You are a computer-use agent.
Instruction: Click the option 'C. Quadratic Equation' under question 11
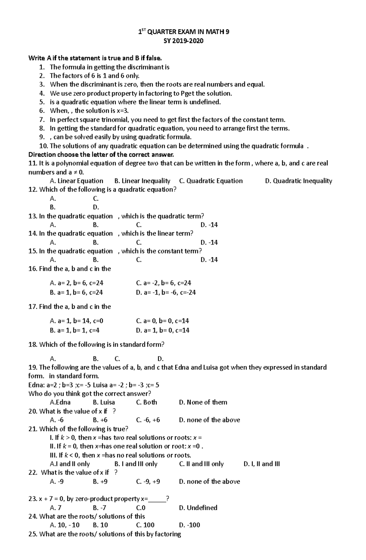[211, 181]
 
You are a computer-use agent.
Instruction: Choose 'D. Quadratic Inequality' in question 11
[299, 181]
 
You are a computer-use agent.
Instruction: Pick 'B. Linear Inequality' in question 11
[142, 181]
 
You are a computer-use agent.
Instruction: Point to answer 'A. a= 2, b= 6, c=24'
[77, 283]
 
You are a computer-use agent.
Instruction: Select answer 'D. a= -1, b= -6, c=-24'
[166, 293]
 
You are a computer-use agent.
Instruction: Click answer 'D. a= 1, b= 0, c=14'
[163, 331]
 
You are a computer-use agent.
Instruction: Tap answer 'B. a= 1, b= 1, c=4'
[75, 331]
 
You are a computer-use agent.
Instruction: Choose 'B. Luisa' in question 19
[104, 403]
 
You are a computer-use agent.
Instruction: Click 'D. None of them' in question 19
[203, 403]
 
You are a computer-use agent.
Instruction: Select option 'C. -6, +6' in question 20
[148, 420]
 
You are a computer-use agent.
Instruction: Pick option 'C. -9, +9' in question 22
[148, 482]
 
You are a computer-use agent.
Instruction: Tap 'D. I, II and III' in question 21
[262, 464]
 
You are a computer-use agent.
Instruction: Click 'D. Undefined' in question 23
[198, 508]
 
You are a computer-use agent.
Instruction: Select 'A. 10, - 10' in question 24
[65, 525]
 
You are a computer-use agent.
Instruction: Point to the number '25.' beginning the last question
[33, 534]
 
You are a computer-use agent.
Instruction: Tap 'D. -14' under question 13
[209, 225]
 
